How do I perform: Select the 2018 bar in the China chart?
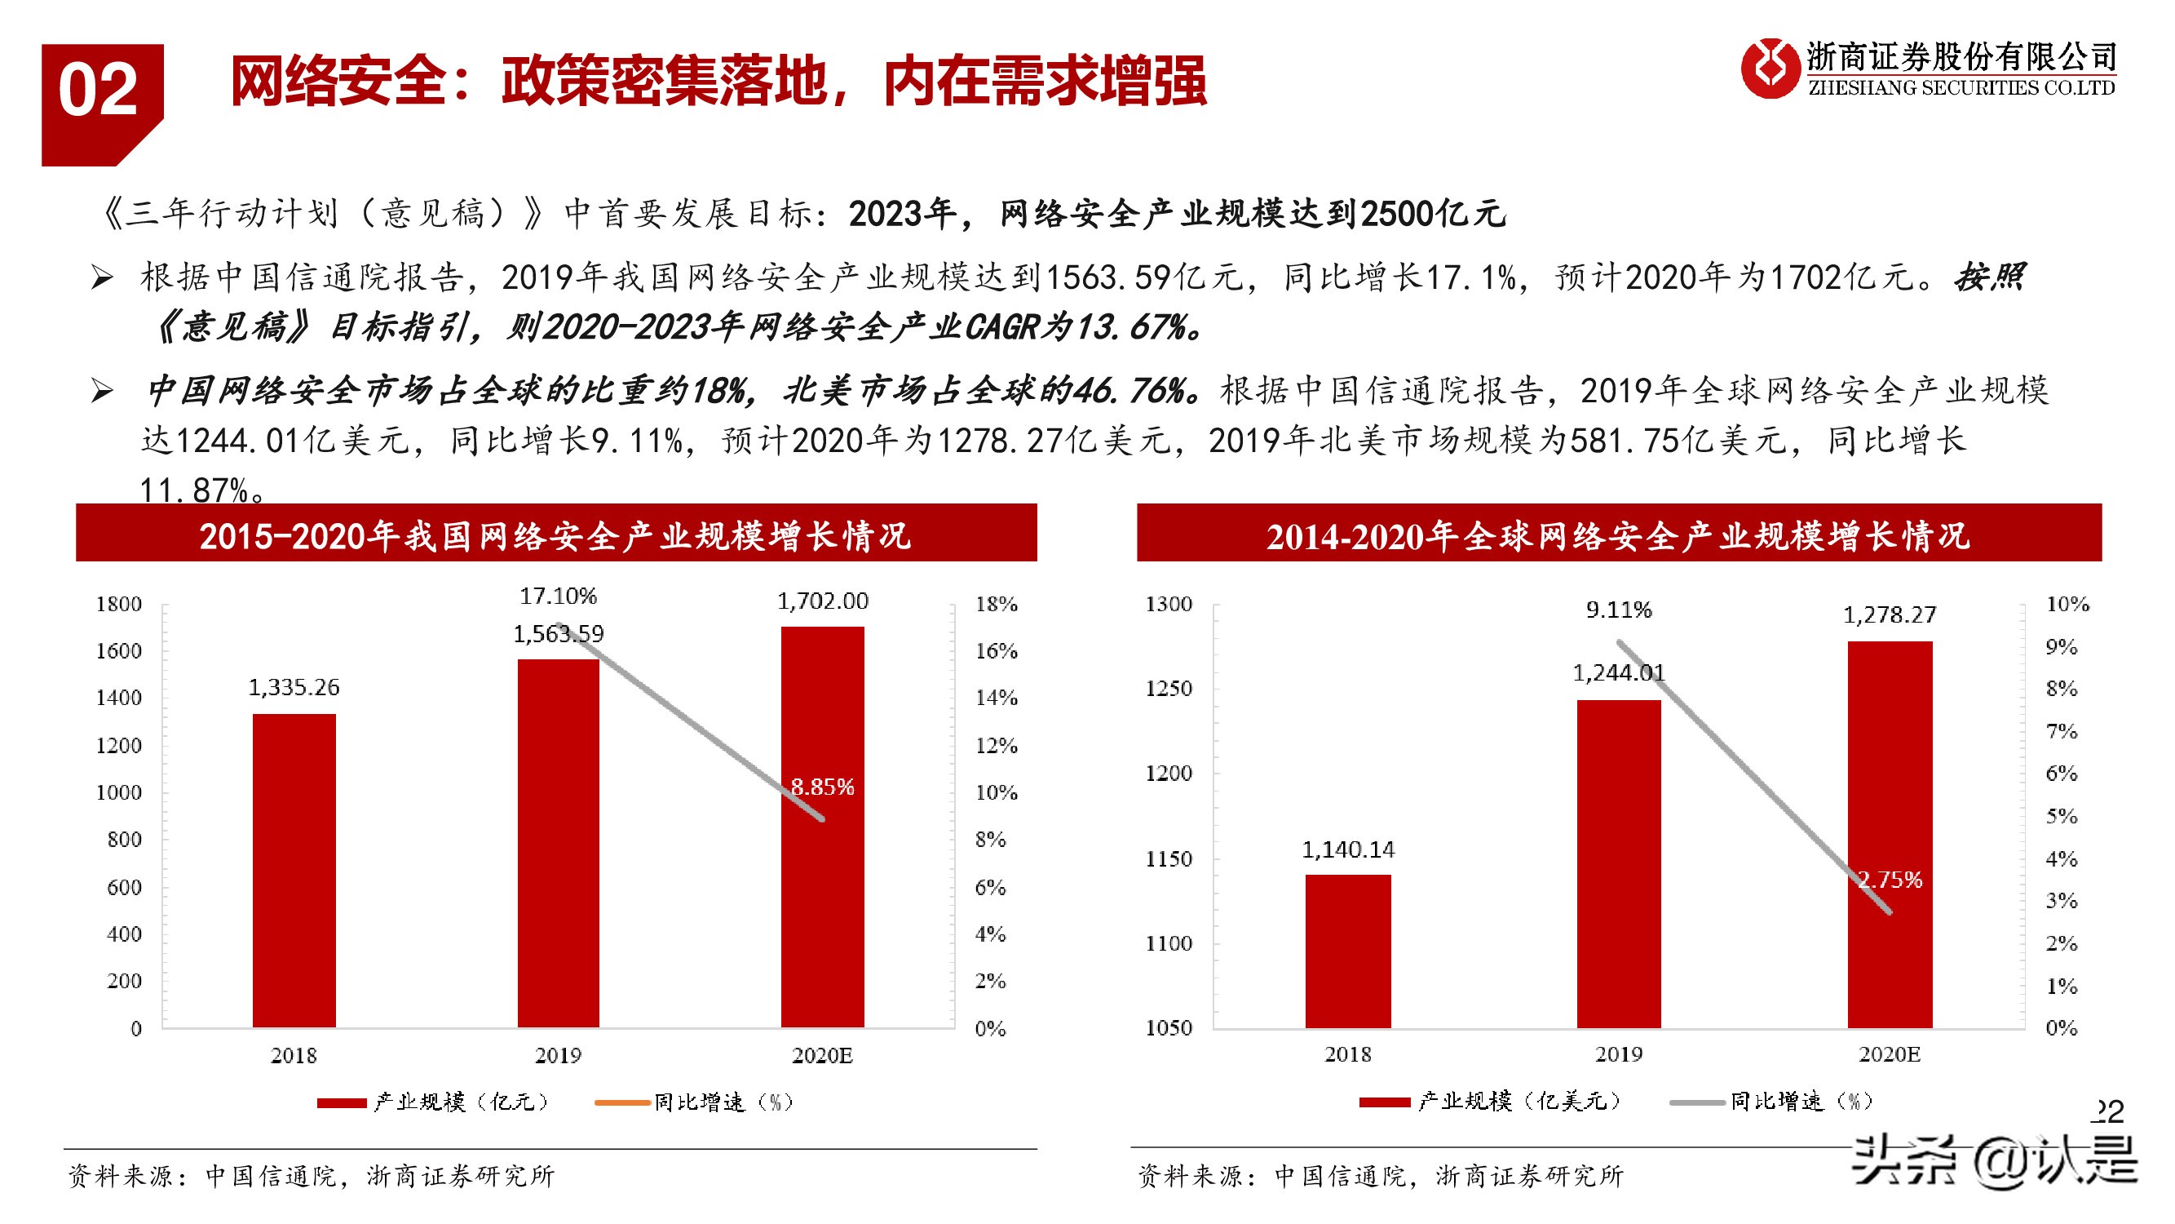tap(294, 870)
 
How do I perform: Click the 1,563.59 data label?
tap(558, 633)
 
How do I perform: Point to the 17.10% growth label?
tap(558, 596)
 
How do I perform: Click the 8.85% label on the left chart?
tap(822, 787)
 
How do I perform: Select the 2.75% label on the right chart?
tap(1890, 880)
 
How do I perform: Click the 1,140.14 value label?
tap(1347, 849)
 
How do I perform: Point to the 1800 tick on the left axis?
tap(118, 604)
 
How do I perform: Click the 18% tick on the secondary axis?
tap(997, 604)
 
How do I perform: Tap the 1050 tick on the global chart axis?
tap(1169, 1028)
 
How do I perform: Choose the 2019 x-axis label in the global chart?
tap(1618, 1054)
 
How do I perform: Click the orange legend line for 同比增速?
tap(622, 1102)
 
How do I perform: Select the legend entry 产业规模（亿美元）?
tap(1519, 1102)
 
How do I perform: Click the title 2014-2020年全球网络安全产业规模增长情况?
tap(1618, 535)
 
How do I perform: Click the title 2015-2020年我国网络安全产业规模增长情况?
tap(555, 535)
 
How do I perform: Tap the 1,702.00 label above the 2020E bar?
tap(822, 601)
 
